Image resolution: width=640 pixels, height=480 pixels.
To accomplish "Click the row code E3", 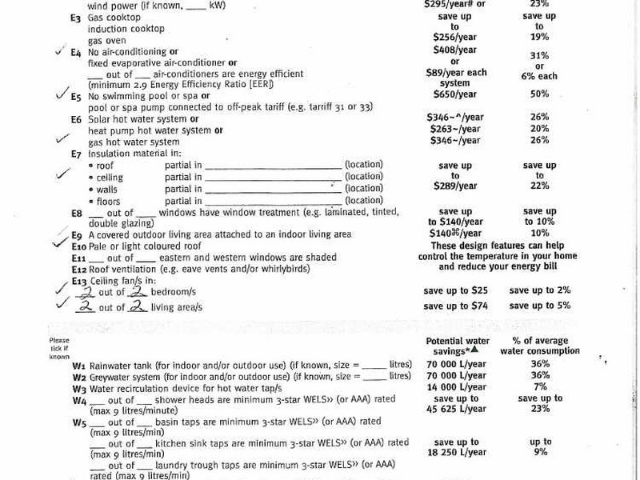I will tap(75, 17).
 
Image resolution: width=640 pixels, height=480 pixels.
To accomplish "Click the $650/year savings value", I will tap(454, 94).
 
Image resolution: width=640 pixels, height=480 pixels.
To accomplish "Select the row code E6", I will tap(76, 119).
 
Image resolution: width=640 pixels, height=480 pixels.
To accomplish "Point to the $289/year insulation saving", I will tap(454, 186).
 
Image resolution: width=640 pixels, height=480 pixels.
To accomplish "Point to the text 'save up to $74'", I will tap(455, 306).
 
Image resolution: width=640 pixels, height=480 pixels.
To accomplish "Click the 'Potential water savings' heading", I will tap(454, 346).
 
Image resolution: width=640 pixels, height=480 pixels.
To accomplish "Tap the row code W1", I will tap(78, 364).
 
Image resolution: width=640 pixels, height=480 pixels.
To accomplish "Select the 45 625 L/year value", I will tap(454, 409).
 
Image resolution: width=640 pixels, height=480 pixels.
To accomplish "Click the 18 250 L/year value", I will tap(454, 452).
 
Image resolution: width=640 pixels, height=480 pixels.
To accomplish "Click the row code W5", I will tap(78, 422).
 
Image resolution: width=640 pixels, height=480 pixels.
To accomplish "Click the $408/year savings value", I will tap(454, 50).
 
